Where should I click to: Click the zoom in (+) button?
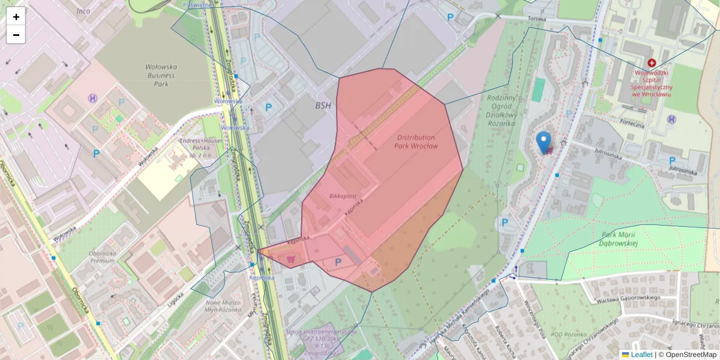[16, 16]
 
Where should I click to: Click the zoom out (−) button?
[16, 35]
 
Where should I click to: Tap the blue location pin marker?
[544, 142]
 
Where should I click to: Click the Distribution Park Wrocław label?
[416, 142]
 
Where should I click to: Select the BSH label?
[323, 105]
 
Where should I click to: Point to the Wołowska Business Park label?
[160, 76]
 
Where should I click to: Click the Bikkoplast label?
[343, 196]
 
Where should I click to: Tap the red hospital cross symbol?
[652, 62]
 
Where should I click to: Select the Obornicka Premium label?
[102, 257]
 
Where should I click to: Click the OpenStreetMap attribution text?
[687, 355]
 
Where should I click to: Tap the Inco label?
[83, 11]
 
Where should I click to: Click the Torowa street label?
[536, 19]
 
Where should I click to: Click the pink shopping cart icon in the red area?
[291, 259]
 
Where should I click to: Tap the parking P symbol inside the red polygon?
[338, 262]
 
